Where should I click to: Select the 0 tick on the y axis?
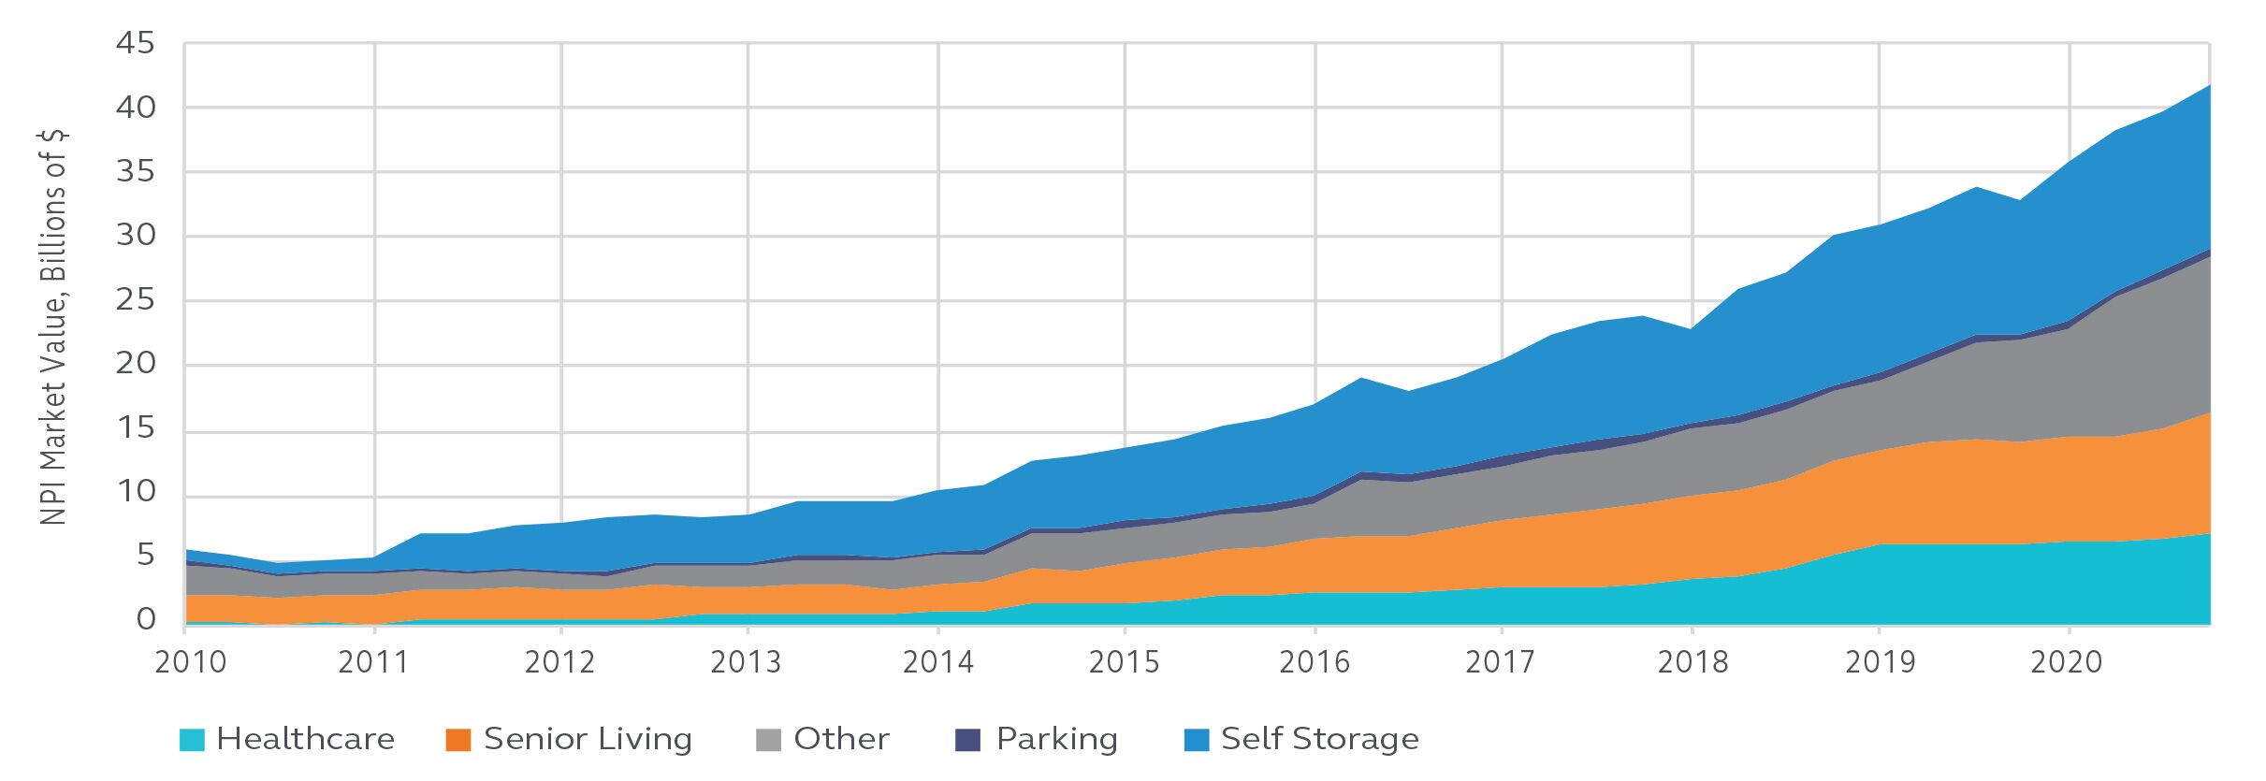146,619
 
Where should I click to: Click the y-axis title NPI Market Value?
54,327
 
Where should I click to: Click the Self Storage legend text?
1320,740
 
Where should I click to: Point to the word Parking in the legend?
1057,740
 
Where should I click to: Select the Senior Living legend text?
588,740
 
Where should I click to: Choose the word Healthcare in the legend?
306,740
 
